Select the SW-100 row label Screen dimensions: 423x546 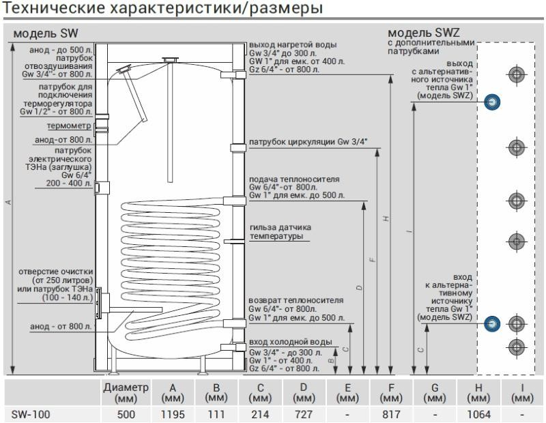[x=31, y=413]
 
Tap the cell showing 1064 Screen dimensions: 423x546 [x=479, y=413]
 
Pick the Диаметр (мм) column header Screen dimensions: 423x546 [x=126, y=392]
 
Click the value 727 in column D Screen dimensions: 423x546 [x=302, y=413]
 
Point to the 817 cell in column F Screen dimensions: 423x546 [x=391, y=413]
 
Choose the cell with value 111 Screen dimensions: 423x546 [x=215, y=413]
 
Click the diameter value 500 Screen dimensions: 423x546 [x=126, y=413]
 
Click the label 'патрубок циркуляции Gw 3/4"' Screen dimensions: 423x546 [x=308, y=142]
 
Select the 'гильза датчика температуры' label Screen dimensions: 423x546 [x=281, y=231]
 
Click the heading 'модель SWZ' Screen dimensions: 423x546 [x=423, y=33]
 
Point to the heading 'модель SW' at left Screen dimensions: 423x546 [x=42, y=33]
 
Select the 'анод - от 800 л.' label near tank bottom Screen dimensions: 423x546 [x=61, y=327]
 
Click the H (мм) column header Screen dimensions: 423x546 [x=479, y=392]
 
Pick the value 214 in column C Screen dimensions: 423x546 [x=259, y=413]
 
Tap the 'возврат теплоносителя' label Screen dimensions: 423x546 [x=296, y=300]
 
